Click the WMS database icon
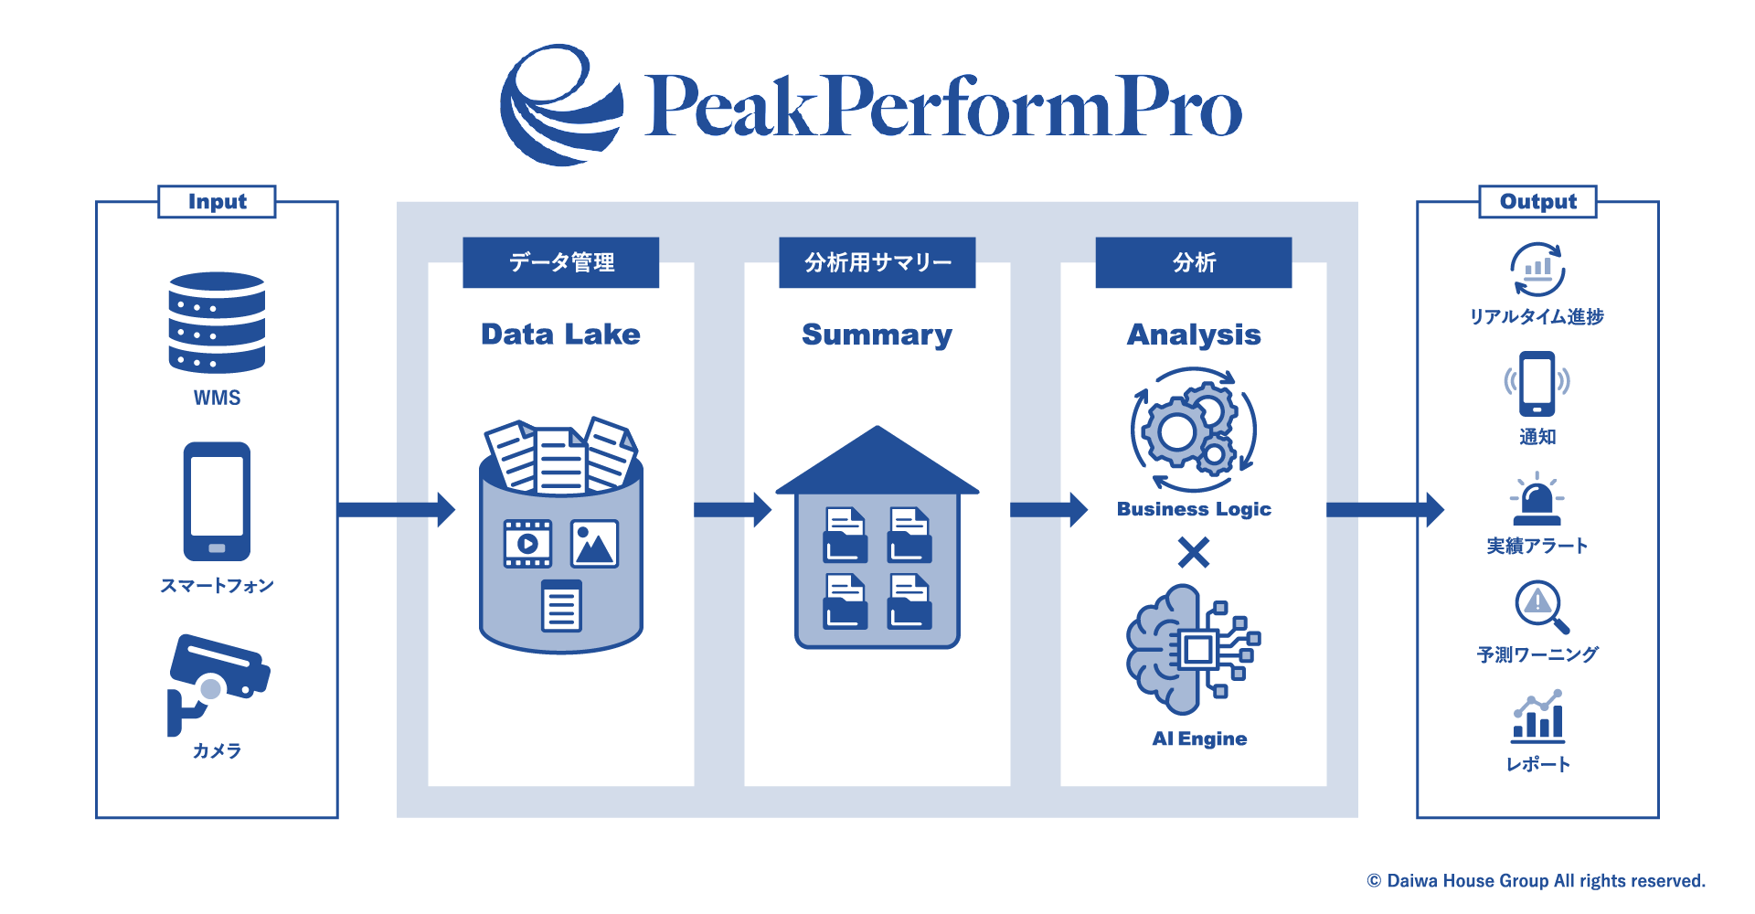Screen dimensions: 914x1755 coord(217,322)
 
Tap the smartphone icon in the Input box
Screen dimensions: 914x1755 coord(217,501)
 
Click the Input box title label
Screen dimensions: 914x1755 coord(217,201)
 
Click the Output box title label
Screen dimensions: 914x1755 coord(1537,201)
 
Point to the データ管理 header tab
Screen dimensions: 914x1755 coord(560,262)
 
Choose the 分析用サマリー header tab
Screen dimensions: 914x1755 coord(877,262)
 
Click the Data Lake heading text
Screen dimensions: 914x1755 coord(560,335)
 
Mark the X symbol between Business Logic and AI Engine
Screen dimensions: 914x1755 coord(1193,552)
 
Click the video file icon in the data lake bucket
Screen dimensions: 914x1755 coord(527,544)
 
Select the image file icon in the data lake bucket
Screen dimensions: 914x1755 coord(594,544)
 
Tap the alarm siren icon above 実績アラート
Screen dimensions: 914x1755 coord(1537,499)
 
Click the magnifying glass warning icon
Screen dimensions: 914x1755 coord(1540,606)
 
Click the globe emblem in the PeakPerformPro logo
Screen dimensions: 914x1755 coord(559,105)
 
